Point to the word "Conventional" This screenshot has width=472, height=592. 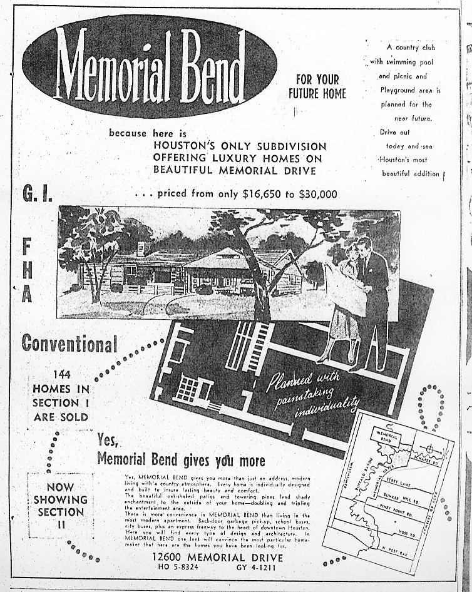click(x=69, y=343)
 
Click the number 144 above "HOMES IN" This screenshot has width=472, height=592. click(x=61, y=374)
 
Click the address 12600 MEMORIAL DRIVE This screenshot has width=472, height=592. click(x=217, y=557)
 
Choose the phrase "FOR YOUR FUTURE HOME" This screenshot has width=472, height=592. click(x=317, y=86)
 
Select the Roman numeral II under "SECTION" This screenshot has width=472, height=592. click(x=60, y=524)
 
